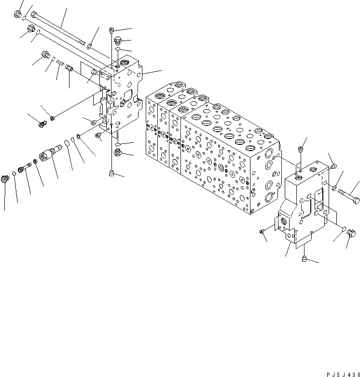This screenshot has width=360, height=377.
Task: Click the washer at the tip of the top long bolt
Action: click(90, 46)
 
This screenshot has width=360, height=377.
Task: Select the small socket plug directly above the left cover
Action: click(111, 30)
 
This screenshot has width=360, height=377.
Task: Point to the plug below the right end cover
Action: click(304, 260)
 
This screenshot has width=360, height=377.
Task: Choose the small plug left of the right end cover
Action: click(263, 233)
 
